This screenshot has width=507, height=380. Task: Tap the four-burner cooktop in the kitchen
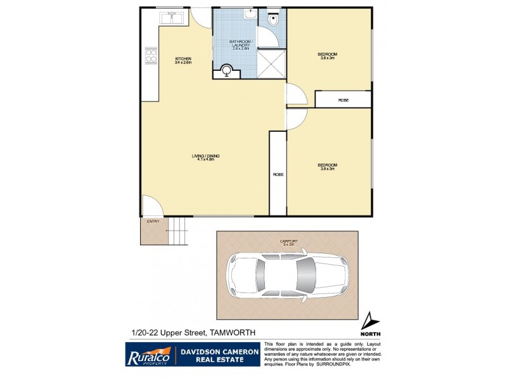click(151, 57)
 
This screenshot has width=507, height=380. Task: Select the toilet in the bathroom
click(274, 20)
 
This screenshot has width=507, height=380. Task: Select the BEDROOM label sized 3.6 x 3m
click(327, 56)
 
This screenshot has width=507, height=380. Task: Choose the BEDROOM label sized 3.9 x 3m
click(327, 167)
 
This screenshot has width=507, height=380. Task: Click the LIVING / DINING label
click(203, 156)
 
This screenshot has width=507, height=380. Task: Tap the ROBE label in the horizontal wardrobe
click(343, 100)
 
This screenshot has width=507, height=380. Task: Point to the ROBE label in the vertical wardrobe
click(278, 174)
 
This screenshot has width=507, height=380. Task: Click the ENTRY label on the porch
click(153, 222)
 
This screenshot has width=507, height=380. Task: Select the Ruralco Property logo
click(147, 354)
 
